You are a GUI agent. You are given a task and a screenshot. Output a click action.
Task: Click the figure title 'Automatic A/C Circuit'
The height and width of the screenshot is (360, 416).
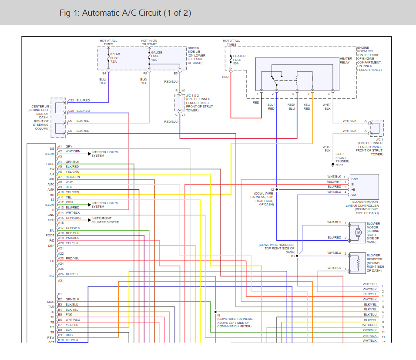(125, 13)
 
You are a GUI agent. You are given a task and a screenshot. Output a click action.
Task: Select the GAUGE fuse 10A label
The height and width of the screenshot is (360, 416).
(156, 56)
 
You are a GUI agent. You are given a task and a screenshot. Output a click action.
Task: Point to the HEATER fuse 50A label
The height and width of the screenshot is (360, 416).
(239, 60)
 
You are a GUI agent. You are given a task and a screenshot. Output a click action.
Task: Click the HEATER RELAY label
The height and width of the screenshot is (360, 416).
(346, 61)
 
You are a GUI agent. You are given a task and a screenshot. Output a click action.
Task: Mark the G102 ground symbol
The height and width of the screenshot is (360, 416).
(333, 165)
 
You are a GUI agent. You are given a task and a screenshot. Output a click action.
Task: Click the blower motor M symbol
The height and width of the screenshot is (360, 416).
(359, 232)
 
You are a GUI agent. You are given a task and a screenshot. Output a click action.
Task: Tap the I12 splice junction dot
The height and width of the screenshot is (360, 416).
(277, 190)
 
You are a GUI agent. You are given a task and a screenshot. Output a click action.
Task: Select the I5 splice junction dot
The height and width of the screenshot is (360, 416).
(215, 312)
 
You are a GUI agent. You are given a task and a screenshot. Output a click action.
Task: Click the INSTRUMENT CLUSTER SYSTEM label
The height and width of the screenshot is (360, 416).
(101, 220)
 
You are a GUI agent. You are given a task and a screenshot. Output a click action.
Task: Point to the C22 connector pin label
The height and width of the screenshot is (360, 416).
(71, 101)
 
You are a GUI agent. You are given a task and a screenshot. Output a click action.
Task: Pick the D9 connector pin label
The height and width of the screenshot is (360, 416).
(70, 121)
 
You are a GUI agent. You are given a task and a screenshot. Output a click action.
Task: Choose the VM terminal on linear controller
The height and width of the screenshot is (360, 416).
(354, 195)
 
